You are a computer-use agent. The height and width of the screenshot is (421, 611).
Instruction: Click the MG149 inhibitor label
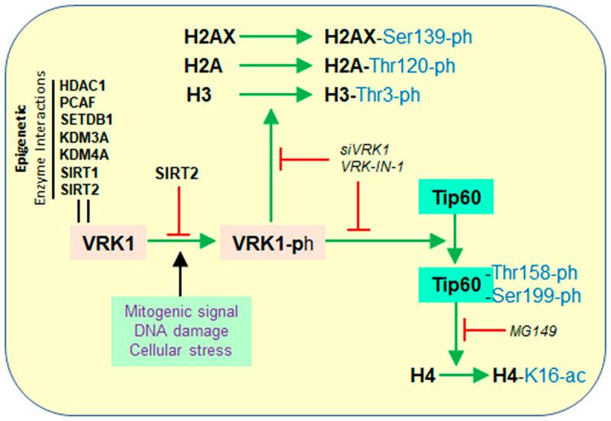click(532, 331)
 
